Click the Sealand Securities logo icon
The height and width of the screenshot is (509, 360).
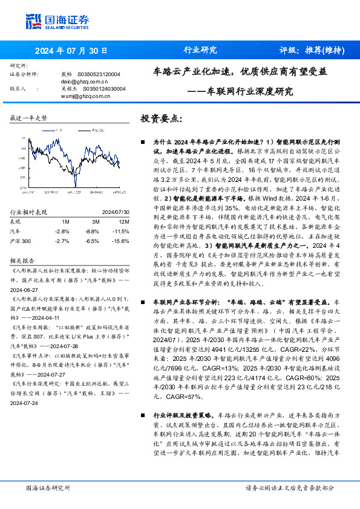pos(34,20)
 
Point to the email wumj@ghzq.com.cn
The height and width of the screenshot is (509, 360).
pos(85,96)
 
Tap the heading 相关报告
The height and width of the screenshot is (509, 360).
pos(23,259)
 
